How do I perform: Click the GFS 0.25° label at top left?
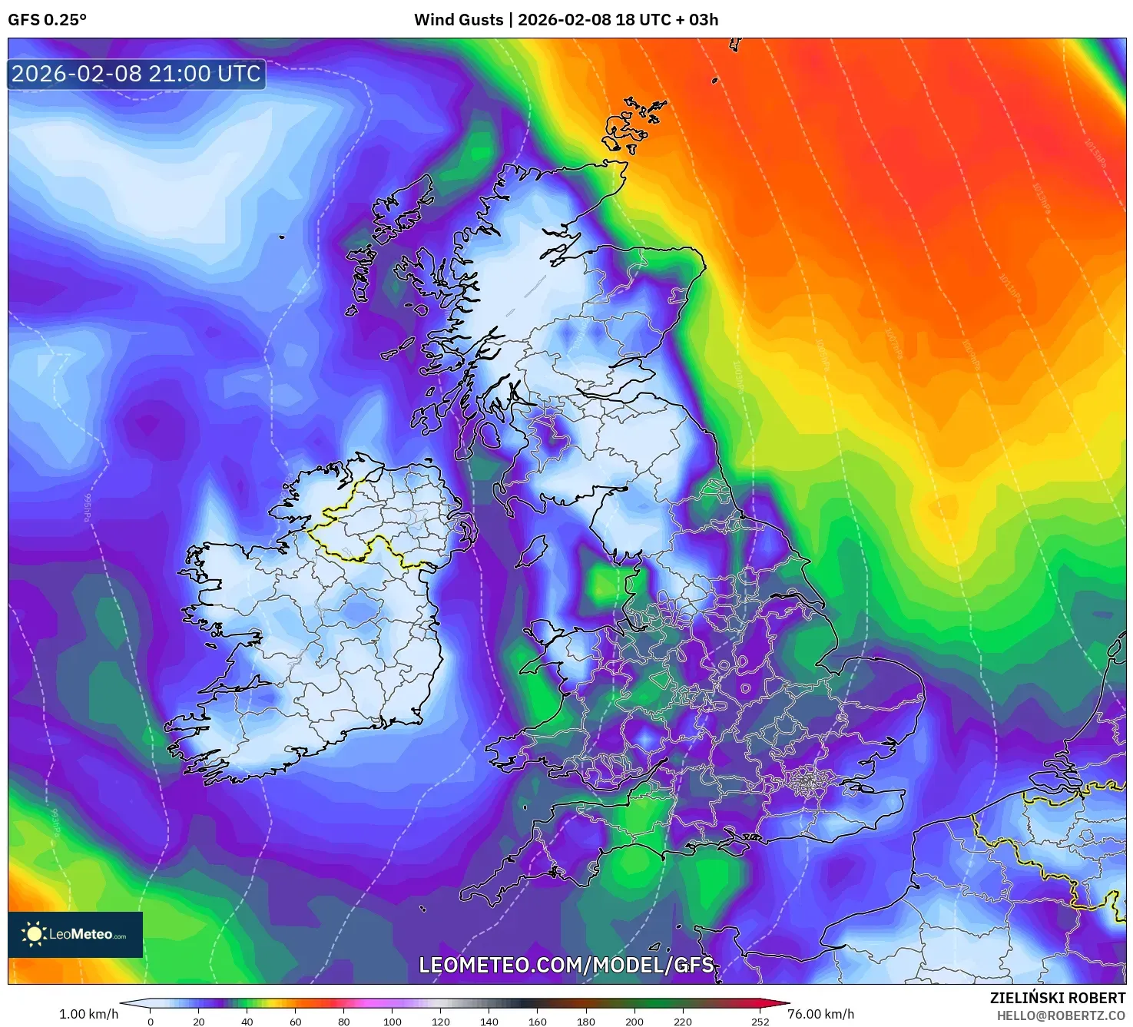tap(47, 20)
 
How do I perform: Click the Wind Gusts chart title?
tap(566, 20)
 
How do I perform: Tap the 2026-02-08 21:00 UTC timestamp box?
tap(137, 74)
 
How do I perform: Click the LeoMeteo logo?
tap(75, 934)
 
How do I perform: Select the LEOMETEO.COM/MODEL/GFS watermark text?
tap(566, 965)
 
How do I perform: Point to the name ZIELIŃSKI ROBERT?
tap(1057, 998)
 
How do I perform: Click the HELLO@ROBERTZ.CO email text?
tap(1061, 1015)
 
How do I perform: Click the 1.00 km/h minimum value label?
tap(88, 1014)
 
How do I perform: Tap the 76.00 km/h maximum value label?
tap(820, 1014)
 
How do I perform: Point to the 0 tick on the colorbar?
tap(151, 1021)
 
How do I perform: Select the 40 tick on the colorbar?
tap(247, 1021)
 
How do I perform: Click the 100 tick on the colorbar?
tap(393, 1021)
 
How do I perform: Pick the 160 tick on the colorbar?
tap(538, 1021)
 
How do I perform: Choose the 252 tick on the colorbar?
tap(760, 1021)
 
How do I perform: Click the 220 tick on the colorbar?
tap(683, 1021)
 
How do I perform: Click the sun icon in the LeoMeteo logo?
tap(34, 934)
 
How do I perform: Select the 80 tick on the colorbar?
tap(344, 1021)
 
